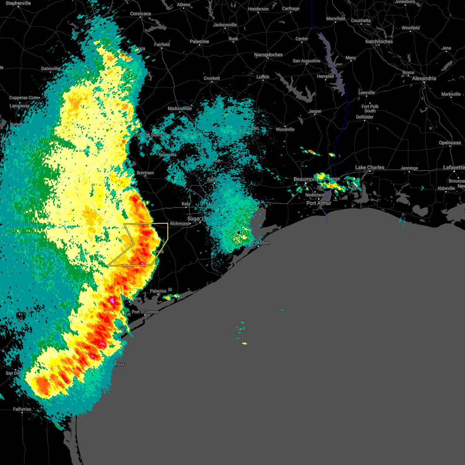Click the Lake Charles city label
370,167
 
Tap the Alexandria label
424,78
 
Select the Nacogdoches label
268,55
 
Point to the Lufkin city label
263,77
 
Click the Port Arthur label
319,203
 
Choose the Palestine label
199,41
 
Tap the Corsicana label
140,14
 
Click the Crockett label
212,78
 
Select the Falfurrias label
22,409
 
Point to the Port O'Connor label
145,312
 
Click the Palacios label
158,291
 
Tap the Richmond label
179,224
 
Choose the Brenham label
145,173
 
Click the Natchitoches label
379,41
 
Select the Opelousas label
449,143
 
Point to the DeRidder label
365,117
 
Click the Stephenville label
18,3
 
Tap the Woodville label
285,129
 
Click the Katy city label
186,204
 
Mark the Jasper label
315,111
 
